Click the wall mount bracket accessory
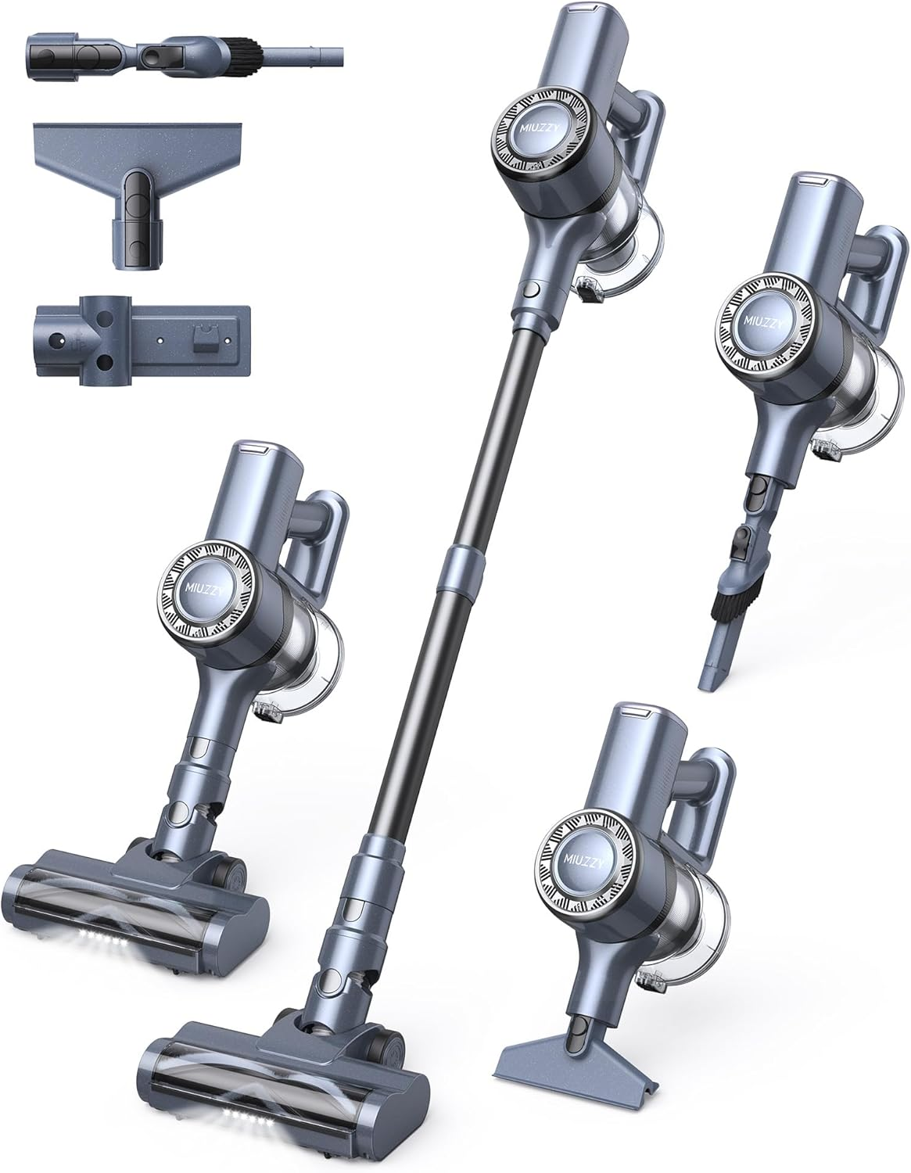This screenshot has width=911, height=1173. [142, 341]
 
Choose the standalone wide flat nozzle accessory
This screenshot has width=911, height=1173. [138, 195]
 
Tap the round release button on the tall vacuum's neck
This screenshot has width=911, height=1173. [529, 290]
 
